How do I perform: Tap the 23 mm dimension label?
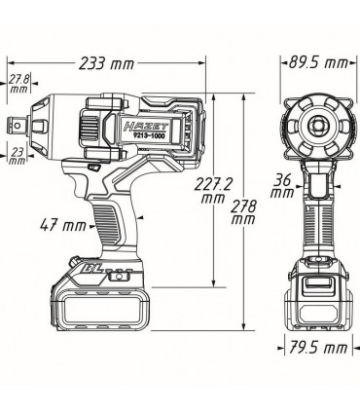(x=17, y=154)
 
